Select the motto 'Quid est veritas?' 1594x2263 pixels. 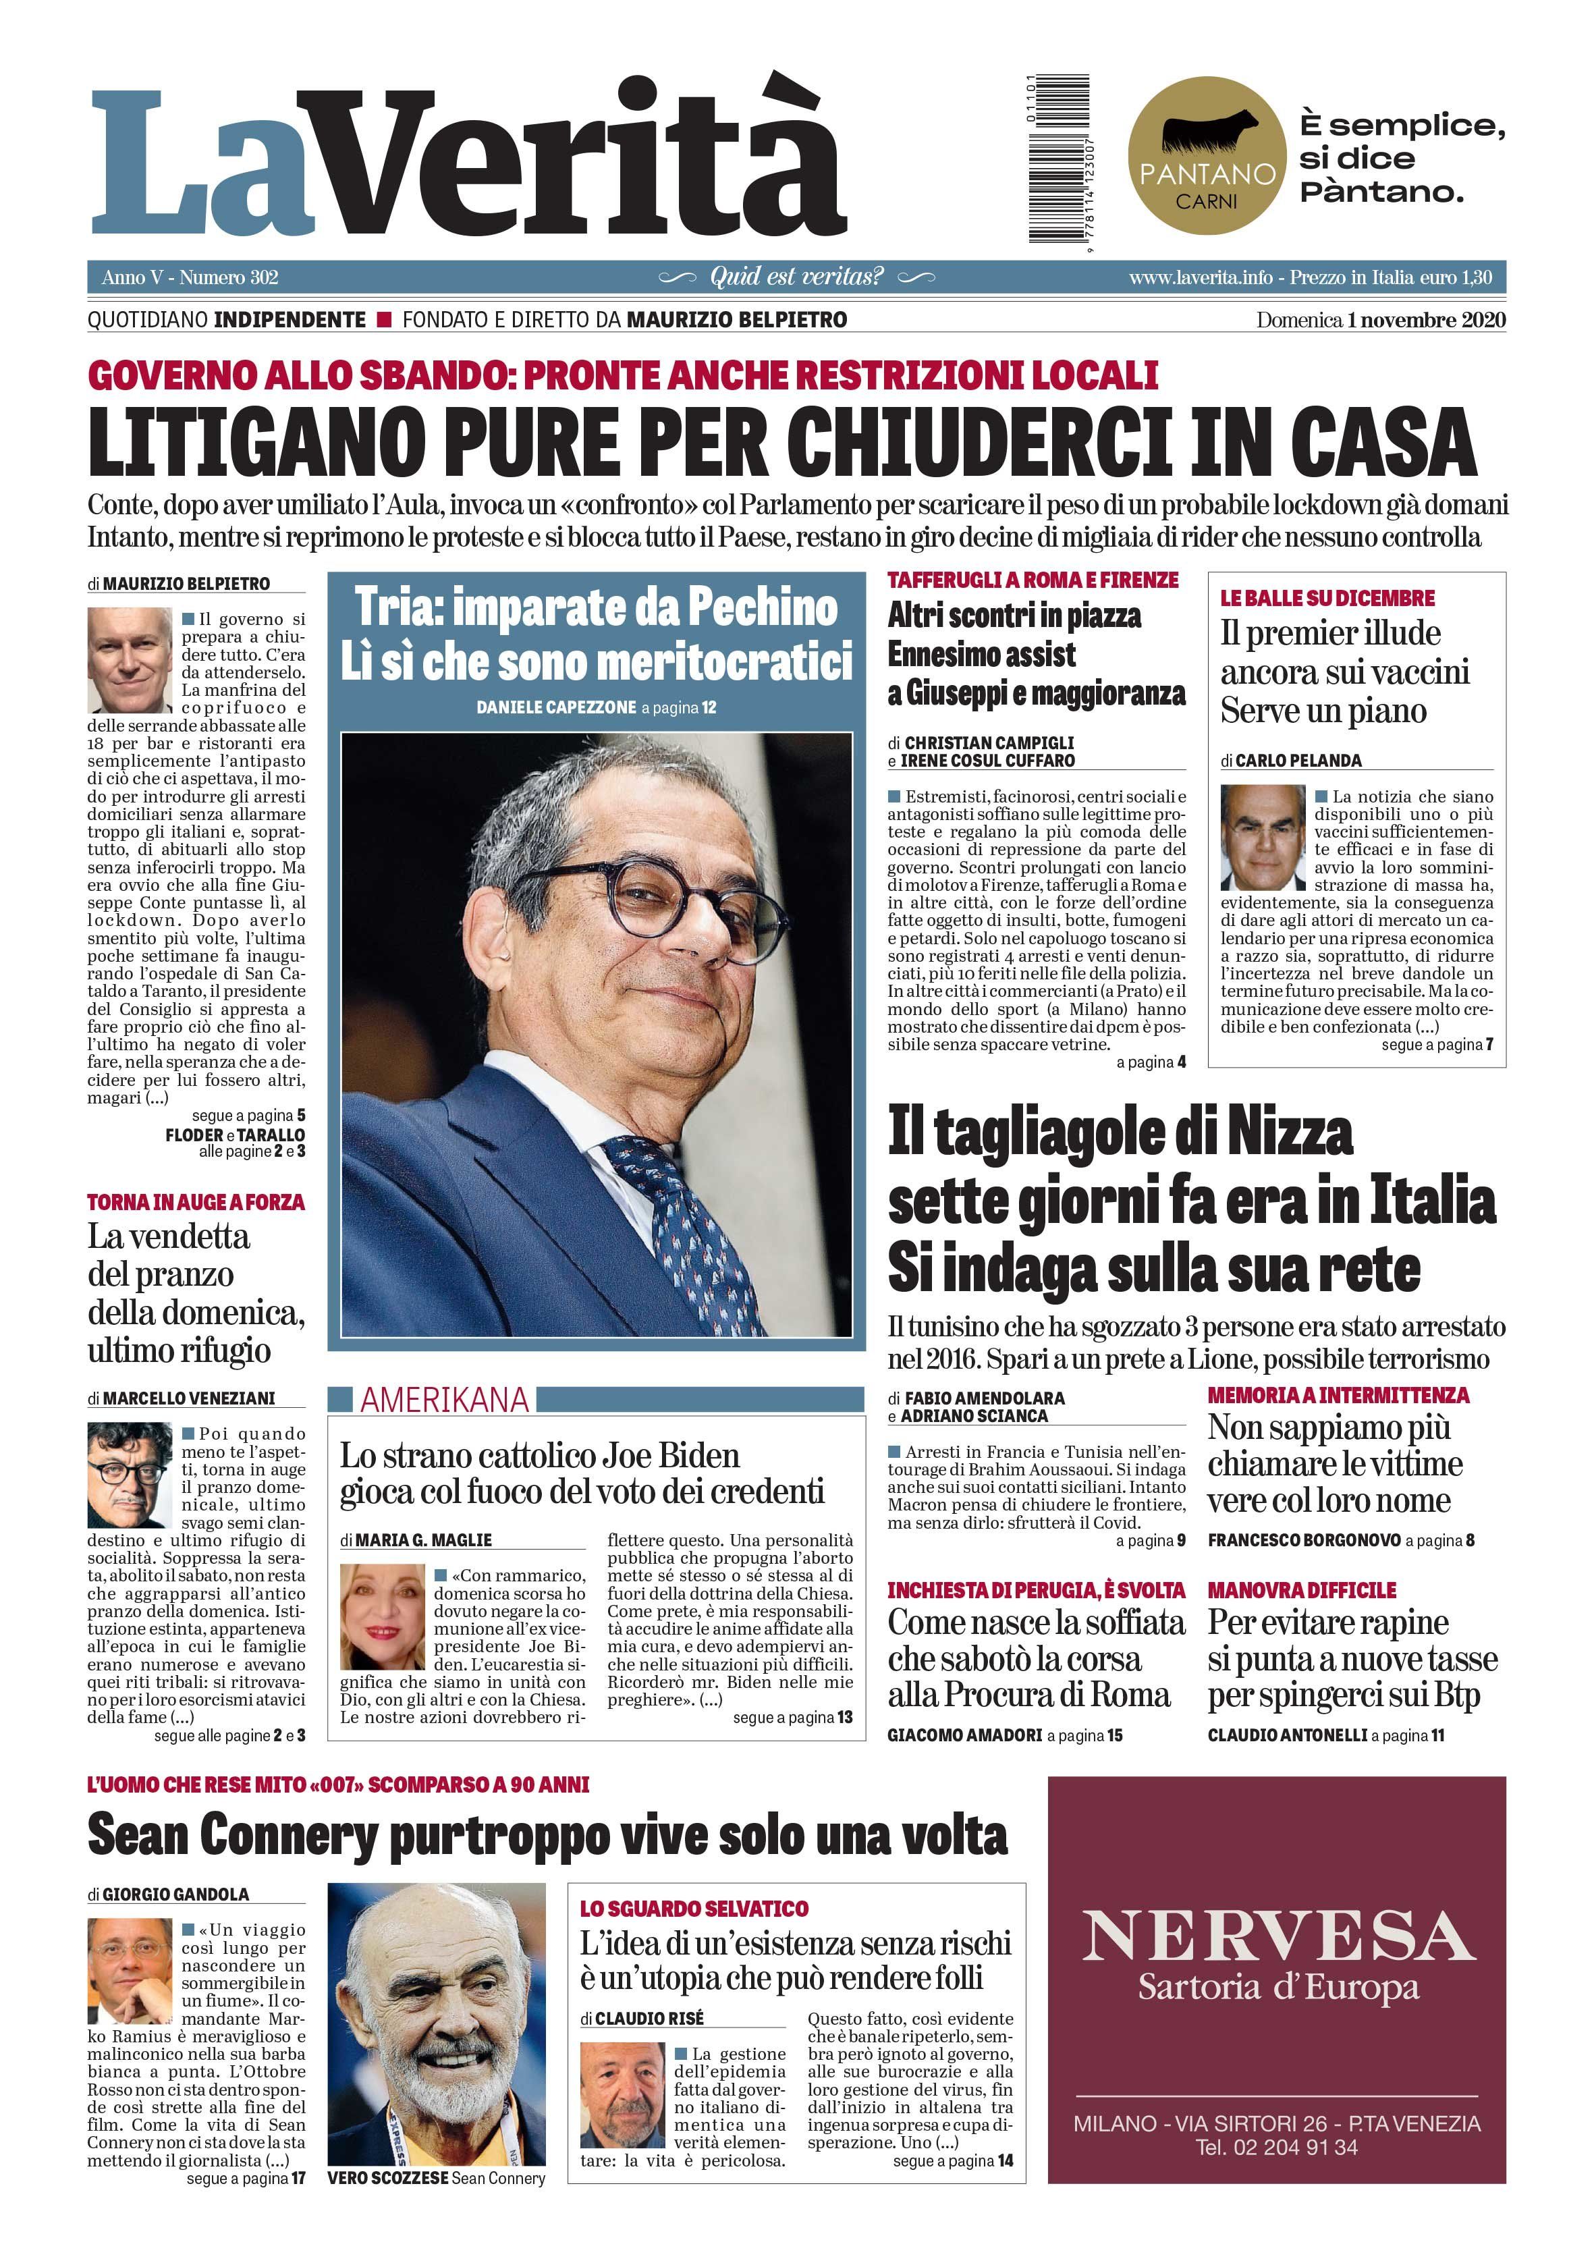[x=796, y=277]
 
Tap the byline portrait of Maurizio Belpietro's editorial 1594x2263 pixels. [x=129, y=659]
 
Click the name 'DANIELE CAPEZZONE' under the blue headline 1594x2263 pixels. [x=556, y=708]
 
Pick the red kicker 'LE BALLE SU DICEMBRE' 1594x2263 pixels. [x=1327, y=598]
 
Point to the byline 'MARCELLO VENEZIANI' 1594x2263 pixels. [x=188, y=1398]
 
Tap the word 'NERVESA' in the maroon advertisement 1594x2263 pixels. [x=1277, y=1935]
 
